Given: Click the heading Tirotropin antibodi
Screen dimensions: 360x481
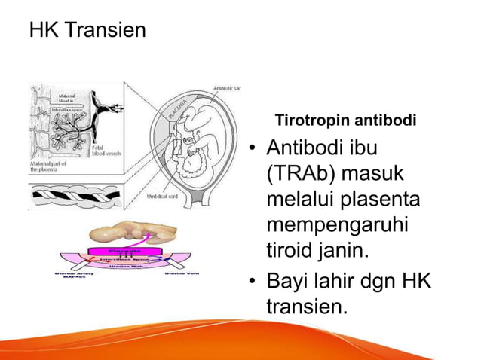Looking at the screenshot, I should click(x=346, y=121).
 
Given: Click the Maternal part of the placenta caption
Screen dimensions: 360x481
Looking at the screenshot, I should click(x=51, y=167).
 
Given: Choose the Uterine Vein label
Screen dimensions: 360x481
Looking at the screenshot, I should click(x=182, y=273).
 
